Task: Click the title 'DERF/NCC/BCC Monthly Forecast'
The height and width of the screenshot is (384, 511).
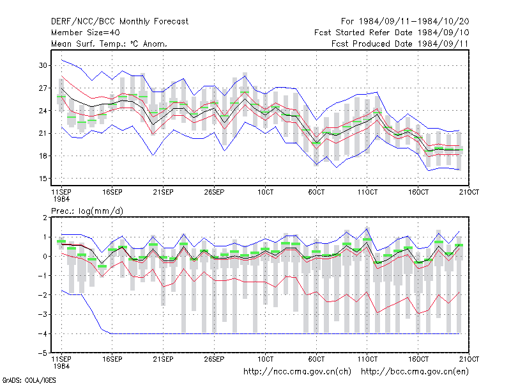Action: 119,22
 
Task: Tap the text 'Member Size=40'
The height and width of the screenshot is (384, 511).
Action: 86,33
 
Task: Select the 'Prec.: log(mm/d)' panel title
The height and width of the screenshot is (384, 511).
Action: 87,211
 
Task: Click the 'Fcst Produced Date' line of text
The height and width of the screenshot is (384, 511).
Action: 400,44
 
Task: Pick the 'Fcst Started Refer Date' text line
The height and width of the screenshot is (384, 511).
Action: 392,33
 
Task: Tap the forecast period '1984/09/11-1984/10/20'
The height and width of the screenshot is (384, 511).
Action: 414,22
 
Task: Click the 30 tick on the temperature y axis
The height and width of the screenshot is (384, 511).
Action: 43,65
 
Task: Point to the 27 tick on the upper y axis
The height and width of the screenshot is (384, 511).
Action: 43,88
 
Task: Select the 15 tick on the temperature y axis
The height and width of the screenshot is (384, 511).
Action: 43,179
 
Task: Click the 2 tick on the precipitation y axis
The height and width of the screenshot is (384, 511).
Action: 45,218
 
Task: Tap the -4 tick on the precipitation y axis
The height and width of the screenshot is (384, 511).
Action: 43,333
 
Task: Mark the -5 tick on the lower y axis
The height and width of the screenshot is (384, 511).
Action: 43,353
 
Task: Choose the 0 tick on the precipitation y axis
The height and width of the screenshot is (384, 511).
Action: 45,257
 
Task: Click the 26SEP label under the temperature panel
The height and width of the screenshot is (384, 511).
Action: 214,192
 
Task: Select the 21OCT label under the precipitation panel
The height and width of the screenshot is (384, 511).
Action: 469,359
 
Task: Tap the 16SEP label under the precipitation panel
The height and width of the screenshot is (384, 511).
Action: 112,359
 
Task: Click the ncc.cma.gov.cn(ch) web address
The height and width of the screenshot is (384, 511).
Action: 297,372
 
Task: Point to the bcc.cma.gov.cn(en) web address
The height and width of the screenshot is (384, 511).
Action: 415,372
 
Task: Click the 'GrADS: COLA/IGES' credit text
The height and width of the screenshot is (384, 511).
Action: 29,380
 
